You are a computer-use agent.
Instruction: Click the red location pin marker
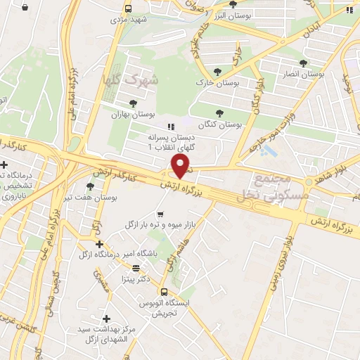(181, 166)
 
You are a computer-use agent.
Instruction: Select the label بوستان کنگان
(219, 124)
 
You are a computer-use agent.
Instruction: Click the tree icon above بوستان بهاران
(134, 103)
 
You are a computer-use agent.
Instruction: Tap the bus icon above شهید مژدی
(127, 8)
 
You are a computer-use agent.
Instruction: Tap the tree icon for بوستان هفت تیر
(90, 186)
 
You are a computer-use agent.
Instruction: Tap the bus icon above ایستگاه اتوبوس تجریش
(163, 292)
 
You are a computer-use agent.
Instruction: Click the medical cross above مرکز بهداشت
(106, 318)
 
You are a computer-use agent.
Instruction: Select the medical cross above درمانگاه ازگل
(100, 244)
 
